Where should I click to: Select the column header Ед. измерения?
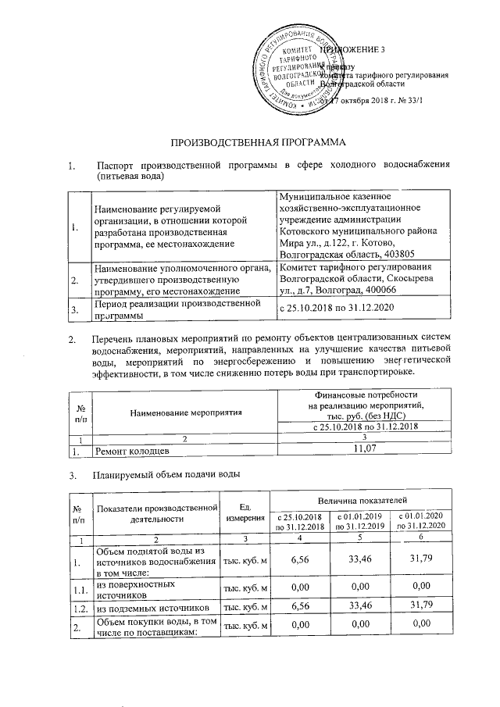245,512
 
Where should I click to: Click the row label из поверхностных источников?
129,587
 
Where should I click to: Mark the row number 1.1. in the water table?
78,587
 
